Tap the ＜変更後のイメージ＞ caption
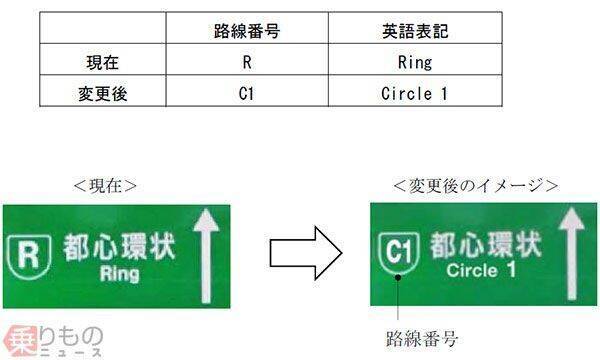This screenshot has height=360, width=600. tap(475, 186)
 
